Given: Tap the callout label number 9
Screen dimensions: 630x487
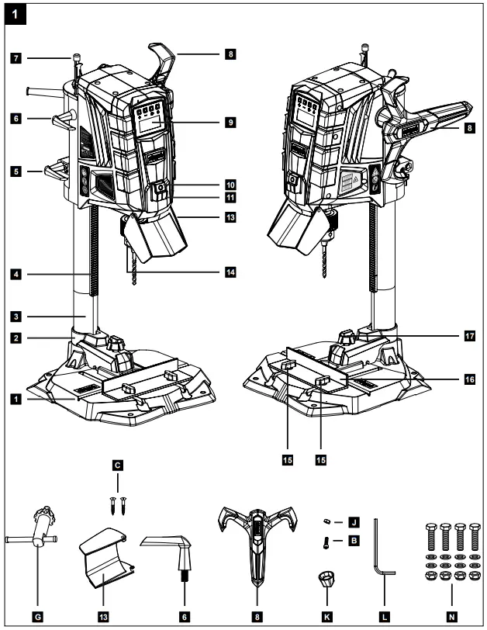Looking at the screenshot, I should pyautogui.click(x=231, y=122).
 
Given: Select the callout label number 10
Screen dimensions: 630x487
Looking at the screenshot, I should pyautogui.click(x=231, y=185).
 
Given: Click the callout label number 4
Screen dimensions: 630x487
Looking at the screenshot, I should pyautogui.click(x=15, y=273).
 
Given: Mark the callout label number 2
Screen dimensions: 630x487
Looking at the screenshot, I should pyautogui.click(x=15, y=338).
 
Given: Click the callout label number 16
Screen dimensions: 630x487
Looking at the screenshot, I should pyautogui.click(x=468, y=380).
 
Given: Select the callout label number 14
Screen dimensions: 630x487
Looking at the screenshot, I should pyautogui.click(x=231, y=272).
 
